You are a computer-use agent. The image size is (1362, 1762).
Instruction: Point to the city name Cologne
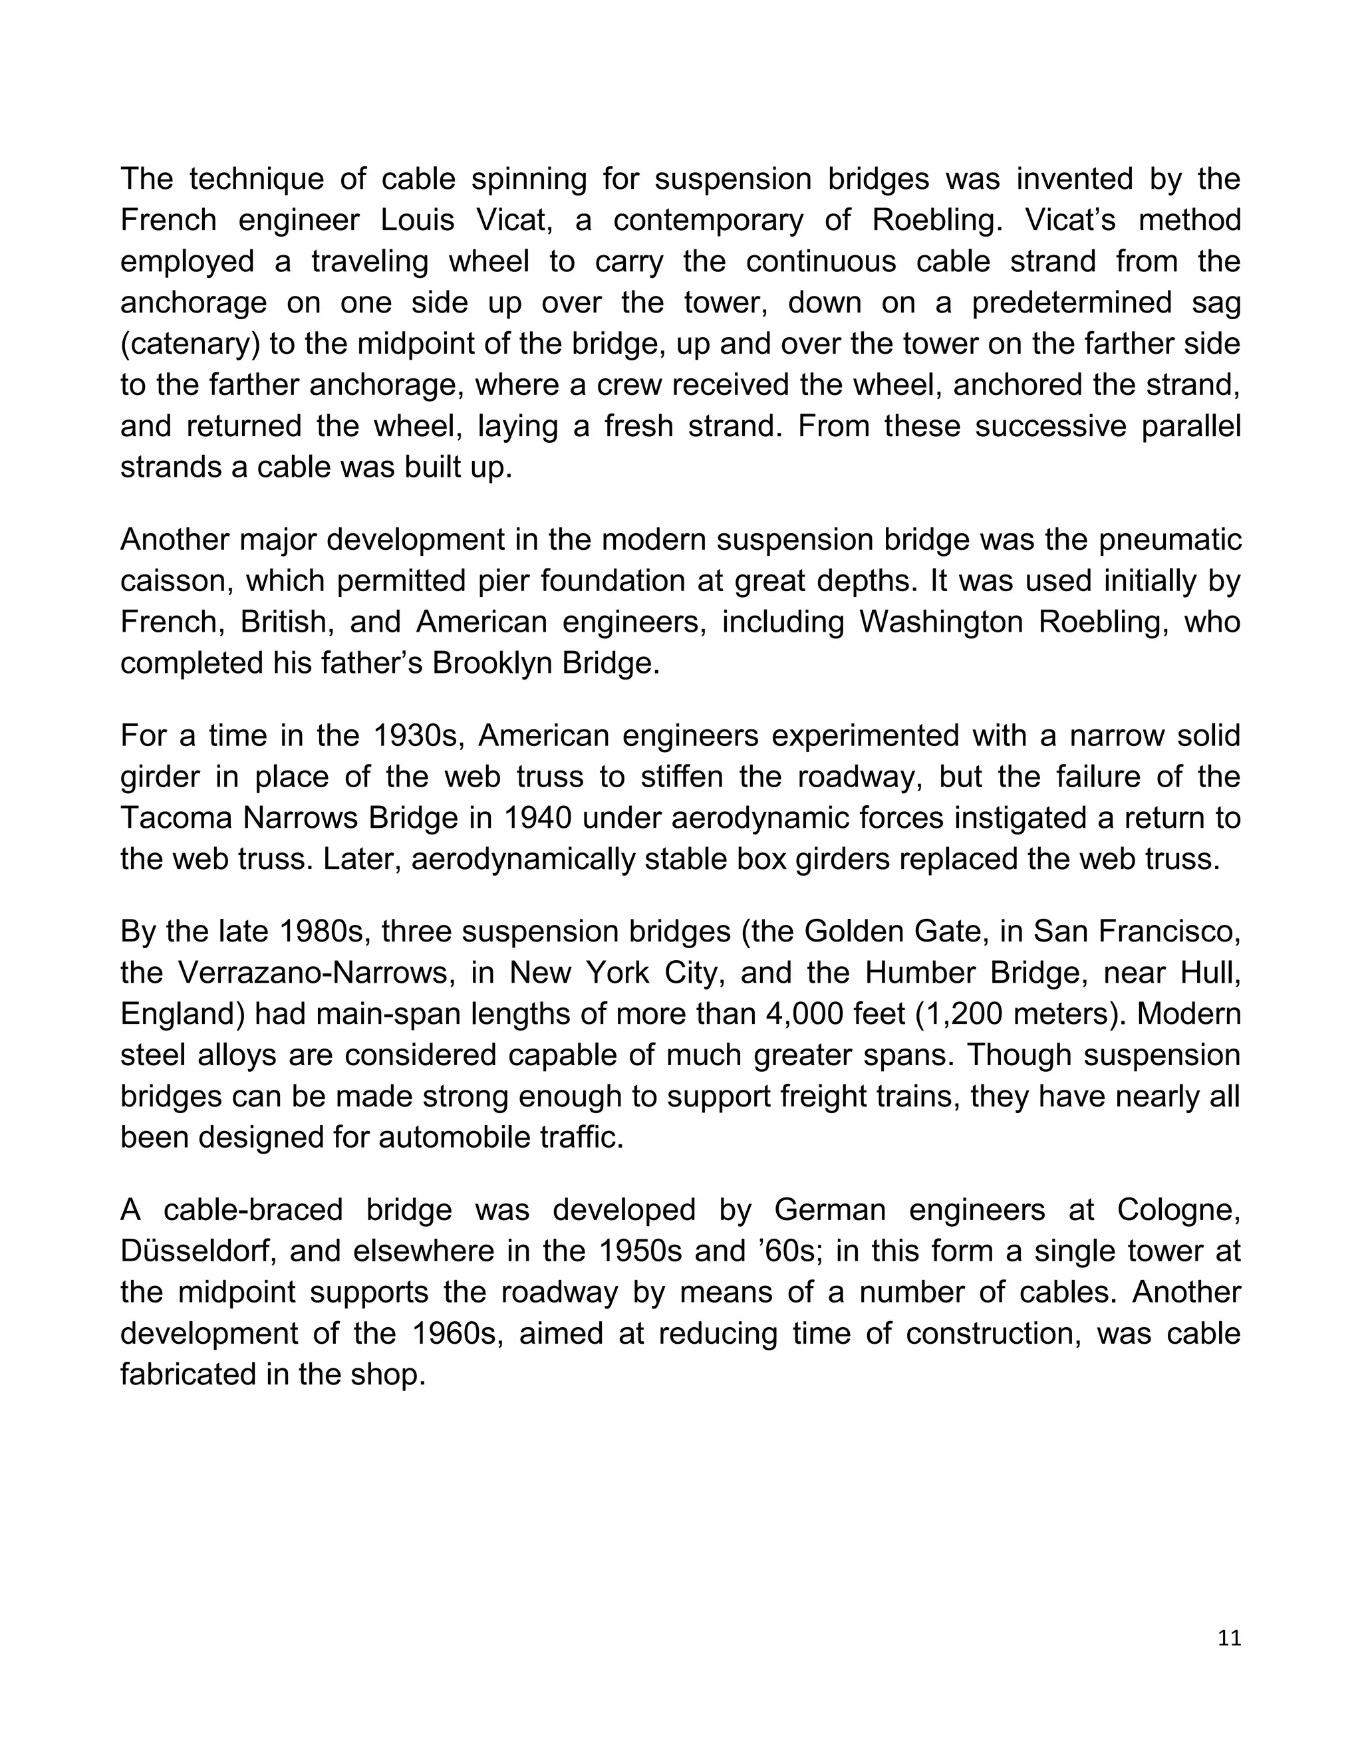1178,1210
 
